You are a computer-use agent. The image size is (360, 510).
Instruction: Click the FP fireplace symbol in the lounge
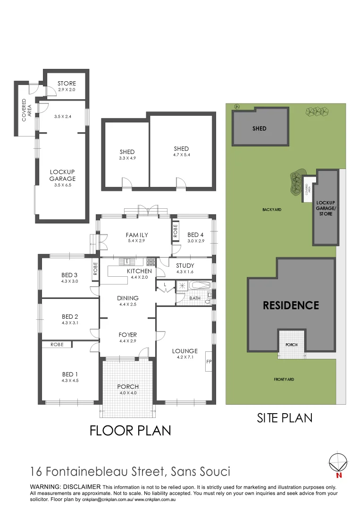coord(208,362)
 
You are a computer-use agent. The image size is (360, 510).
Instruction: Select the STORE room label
coord(67,84)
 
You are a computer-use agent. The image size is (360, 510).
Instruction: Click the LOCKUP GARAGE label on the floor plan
coord(63,175)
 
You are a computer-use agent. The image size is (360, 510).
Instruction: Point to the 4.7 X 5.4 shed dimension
coord(181,155)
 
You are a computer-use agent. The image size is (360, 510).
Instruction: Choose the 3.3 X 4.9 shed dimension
coord(127,158)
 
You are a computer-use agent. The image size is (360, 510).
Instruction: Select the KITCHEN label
coord(140,271)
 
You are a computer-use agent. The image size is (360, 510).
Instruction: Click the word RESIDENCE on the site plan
coord(291,306)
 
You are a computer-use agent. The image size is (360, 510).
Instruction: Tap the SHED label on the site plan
coord(260,128)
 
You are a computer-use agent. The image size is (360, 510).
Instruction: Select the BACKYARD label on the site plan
coord(272,209)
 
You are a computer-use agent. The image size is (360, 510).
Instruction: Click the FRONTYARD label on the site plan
coord(284,379)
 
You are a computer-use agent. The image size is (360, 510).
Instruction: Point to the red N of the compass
coord(338,476)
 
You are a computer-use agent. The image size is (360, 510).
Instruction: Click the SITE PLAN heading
coord(285,417)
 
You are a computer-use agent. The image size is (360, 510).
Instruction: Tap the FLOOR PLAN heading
coord(130,431)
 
